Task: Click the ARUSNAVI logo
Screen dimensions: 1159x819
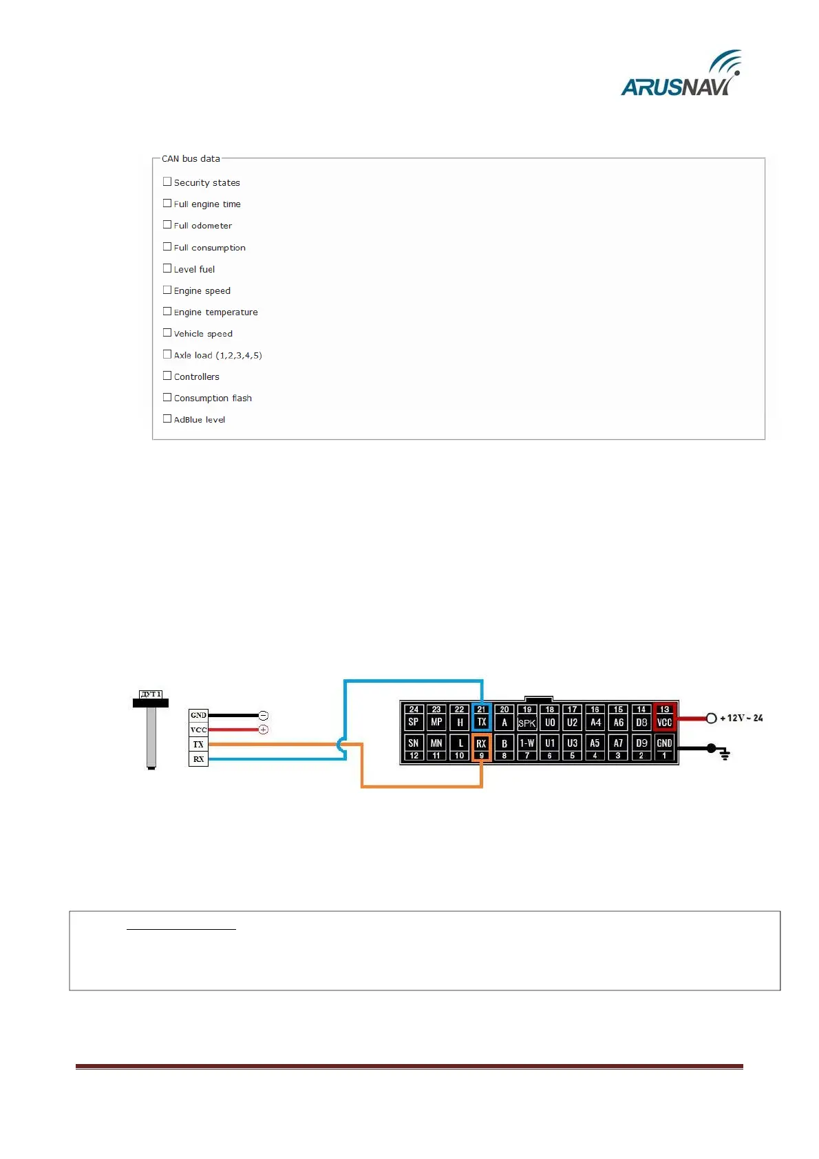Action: coord(680,74)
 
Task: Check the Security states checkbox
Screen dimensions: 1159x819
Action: coord(167,182)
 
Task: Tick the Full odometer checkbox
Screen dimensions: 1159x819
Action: coord(167,224)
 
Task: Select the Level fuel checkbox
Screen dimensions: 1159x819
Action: coord(167,268)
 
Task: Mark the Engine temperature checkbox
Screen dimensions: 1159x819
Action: coord(167,311)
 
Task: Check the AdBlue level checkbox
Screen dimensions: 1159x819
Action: coord(167,418)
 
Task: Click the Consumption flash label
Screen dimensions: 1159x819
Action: coord(213,398)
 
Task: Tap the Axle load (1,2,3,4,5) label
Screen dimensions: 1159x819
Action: coord(217,356)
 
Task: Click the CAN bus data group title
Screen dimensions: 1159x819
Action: coord(191,159)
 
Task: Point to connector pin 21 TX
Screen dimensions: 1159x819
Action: coord(482,717)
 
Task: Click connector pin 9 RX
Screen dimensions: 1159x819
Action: coord(482,747)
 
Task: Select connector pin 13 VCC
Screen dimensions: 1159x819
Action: coord(664,717)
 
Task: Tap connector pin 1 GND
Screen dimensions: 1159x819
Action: coord(664,747)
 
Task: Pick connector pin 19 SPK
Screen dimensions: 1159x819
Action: coord(527,717)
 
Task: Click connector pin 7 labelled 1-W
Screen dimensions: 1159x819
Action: coord(527,747)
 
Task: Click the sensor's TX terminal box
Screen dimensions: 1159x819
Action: coord(198,745)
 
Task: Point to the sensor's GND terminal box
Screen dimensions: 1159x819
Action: coord(198,715)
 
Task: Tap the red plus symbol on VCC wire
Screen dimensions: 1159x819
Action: coord(263,730)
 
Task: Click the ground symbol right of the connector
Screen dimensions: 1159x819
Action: coord(725,755)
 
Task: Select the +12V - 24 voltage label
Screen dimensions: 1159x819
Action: coord(741,719)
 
